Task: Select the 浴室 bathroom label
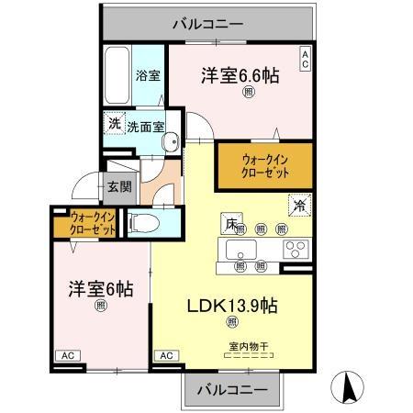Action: tap(146, 76)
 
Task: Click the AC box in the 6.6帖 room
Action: tap(305, 58)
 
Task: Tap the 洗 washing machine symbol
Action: tap(115, 124)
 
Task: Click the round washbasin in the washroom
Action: tap(171, 143)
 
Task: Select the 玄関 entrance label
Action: tap(118, 187)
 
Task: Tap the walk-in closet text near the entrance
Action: tap(93, 224)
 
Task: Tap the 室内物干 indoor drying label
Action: tap(247, 346)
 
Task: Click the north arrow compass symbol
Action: tap(350, 387)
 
